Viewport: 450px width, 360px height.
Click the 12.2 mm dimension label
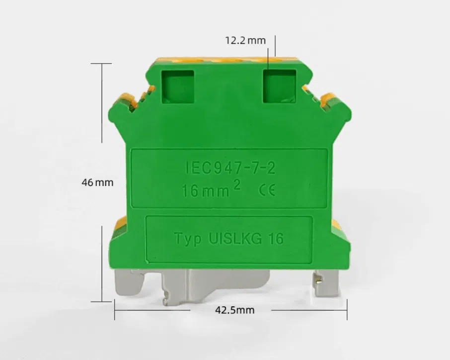(245, 40)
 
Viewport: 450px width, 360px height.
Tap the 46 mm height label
(97, 182)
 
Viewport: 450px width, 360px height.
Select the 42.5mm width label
(235, 310)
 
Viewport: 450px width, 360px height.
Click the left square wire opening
(178, 87)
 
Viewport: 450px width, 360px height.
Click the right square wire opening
(280, 86)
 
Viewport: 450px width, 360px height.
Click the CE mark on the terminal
(267, 190)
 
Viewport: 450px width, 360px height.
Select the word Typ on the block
(188, 239)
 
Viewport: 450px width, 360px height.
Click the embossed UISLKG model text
(235, 239)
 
